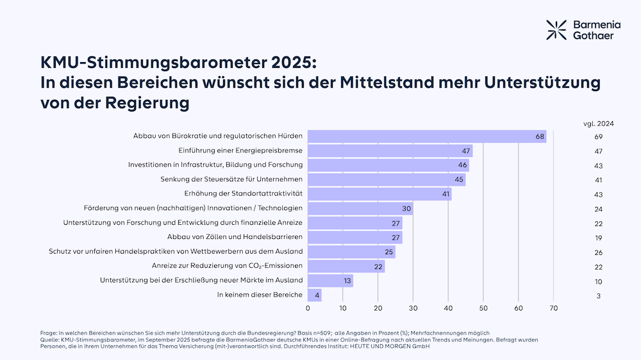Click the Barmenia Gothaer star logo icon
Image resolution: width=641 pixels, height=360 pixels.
click(556, 29)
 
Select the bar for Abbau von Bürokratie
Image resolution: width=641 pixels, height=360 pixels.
click(427, 136)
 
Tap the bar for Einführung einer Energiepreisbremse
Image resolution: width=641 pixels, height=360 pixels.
click(390, 151)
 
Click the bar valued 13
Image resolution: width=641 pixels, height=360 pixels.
click(330, 280)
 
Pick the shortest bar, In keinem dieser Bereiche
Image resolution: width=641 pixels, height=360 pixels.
click(315, 295)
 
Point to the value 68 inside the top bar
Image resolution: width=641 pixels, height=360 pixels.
click(540, 136)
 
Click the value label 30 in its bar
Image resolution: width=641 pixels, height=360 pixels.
click(406, 208)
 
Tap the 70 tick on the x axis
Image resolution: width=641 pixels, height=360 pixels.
click(553, 308)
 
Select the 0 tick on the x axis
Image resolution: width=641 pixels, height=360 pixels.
click(308, 308)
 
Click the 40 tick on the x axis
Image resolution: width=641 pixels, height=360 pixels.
click(448, 308)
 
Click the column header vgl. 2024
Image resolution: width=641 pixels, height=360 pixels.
click(598, 124)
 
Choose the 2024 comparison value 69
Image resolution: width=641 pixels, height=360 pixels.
click(598, 137)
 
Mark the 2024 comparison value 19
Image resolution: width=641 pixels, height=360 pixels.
click(598, 238)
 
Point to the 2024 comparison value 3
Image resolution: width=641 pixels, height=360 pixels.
click(598, 295)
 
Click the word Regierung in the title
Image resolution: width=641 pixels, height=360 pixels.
click(146, 102)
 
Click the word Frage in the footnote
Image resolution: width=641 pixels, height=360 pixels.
click(49, 333)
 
